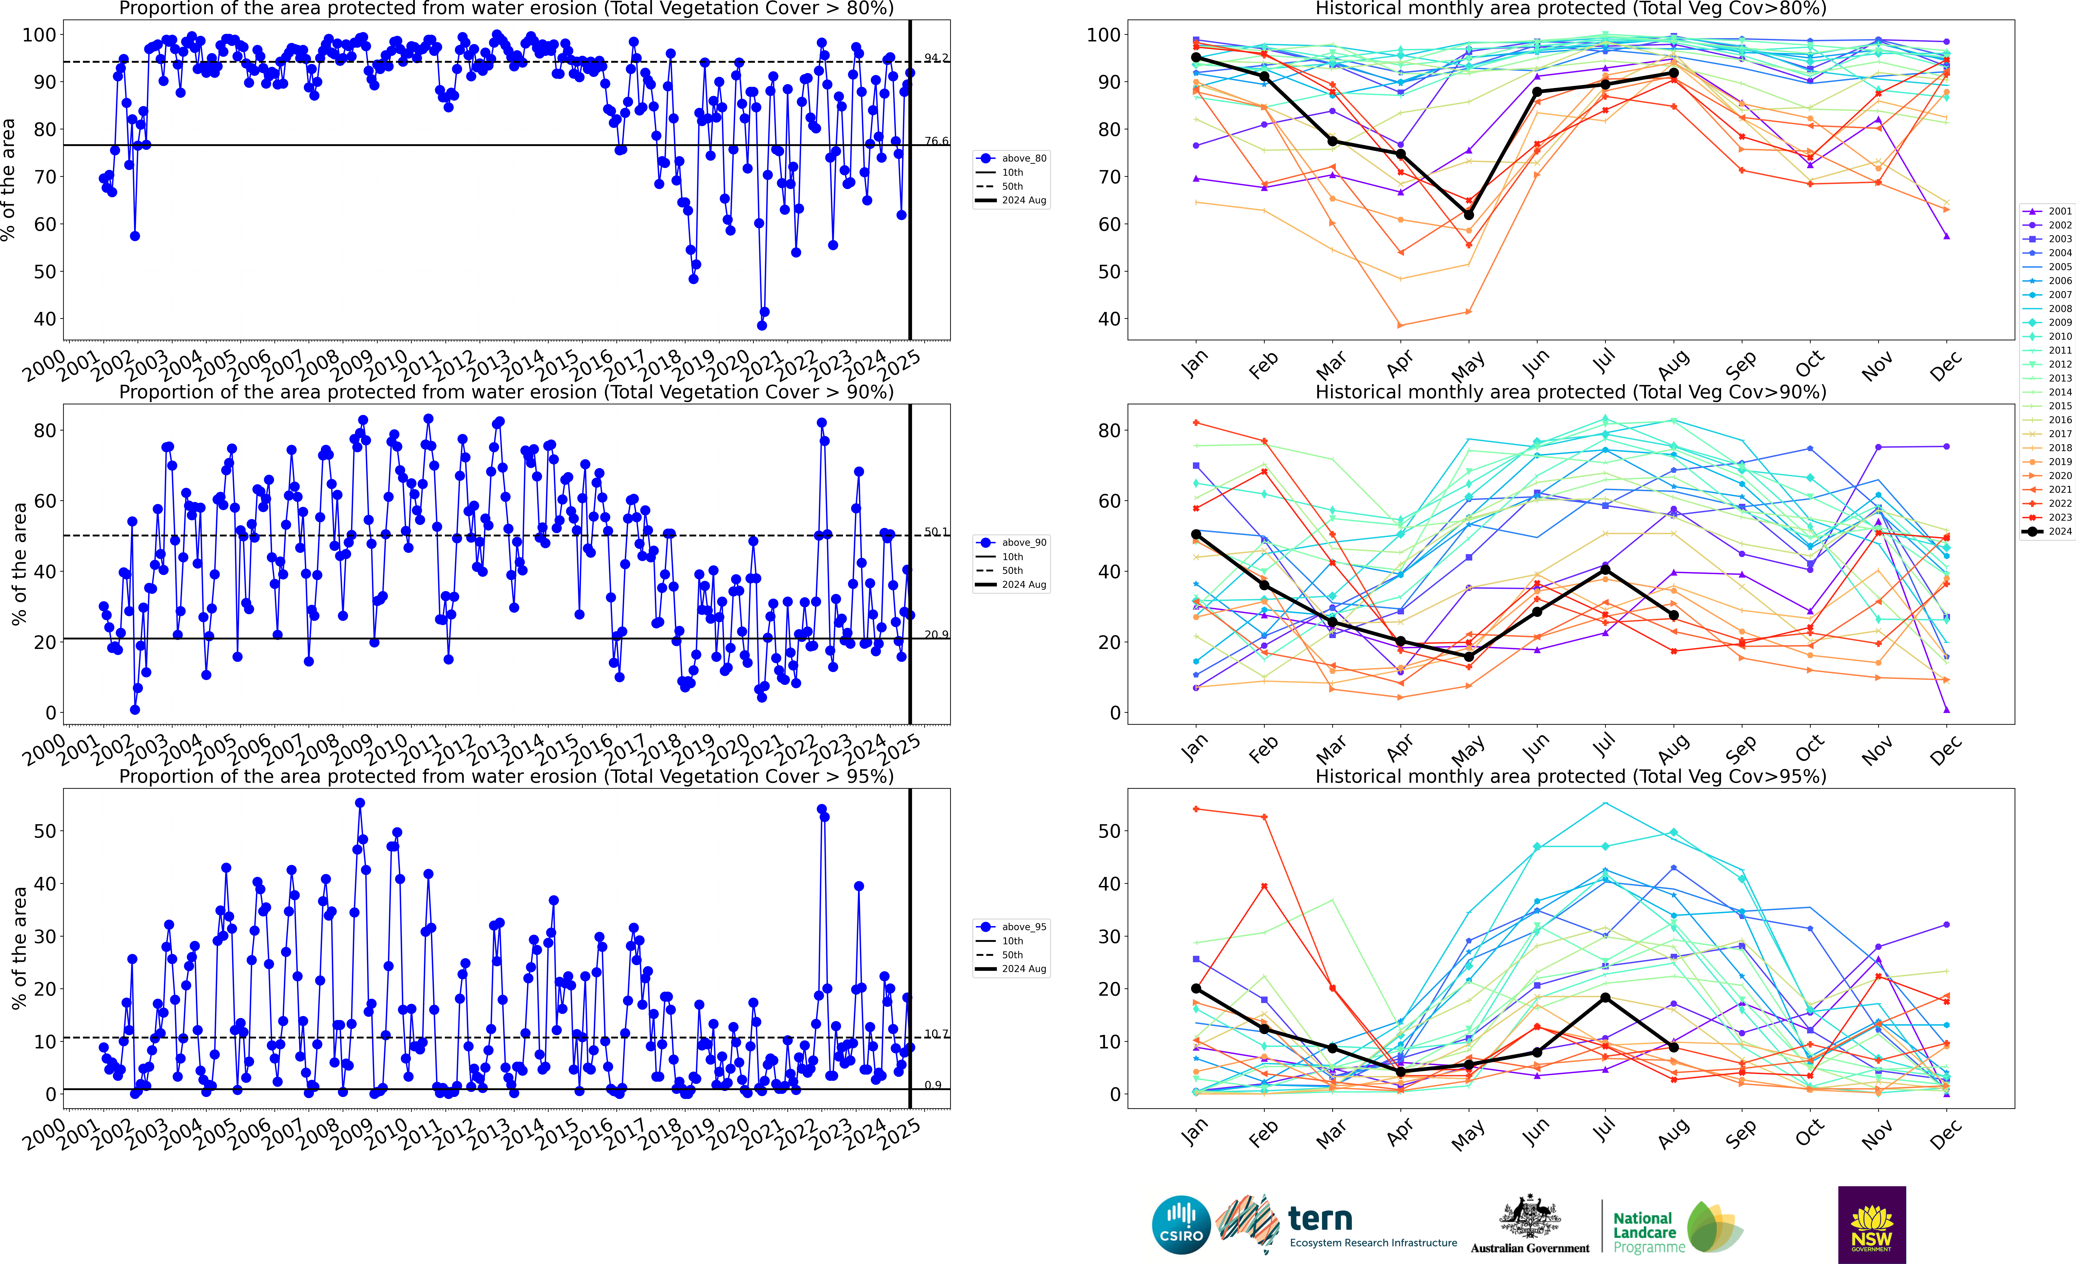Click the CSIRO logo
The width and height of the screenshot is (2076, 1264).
1181,1224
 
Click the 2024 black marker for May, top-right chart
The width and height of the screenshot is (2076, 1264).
1468,215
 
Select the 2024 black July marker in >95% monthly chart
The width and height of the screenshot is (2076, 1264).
1605,998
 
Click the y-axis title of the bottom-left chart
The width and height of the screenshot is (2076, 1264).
19,948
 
